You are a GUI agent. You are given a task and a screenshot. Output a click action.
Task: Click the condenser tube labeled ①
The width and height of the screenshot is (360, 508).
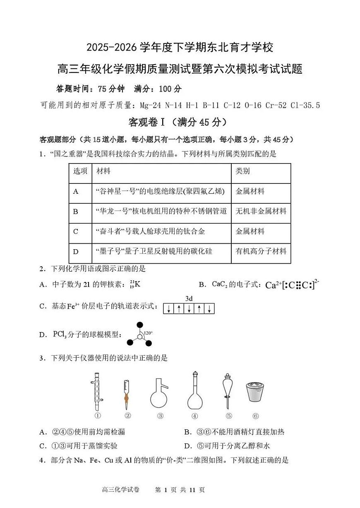click(97, 391)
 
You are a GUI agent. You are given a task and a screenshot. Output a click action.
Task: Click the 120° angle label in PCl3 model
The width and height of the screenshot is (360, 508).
click(148, 332)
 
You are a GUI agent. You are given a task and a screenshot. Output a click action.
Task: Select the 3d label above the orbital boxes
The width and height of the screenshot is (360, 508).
click(189, 299)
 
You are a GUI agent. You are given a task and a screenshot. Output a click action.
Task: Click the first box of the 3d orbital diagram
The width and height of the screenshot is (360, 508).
click(168, 309)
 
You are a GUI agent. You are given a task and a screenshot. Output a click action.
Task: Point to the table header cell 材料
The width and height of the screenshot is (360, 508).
click(103, 171)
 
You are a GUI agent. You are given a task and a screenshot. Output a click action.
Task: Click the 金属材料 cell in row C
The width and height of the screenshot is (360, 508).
click(250, 231)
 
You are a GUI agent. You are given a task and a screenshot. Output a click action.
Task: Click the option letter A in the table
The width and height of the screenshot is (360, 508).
click(76, 191)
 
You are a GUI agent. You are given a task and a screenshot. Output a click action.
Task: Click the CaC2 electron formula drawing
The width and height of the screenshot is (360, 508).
click(292, 285)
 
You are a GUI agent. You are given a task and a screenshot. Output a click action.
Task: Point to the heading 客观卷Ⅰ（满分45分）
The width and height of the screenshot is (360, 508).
click(178, 122)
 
